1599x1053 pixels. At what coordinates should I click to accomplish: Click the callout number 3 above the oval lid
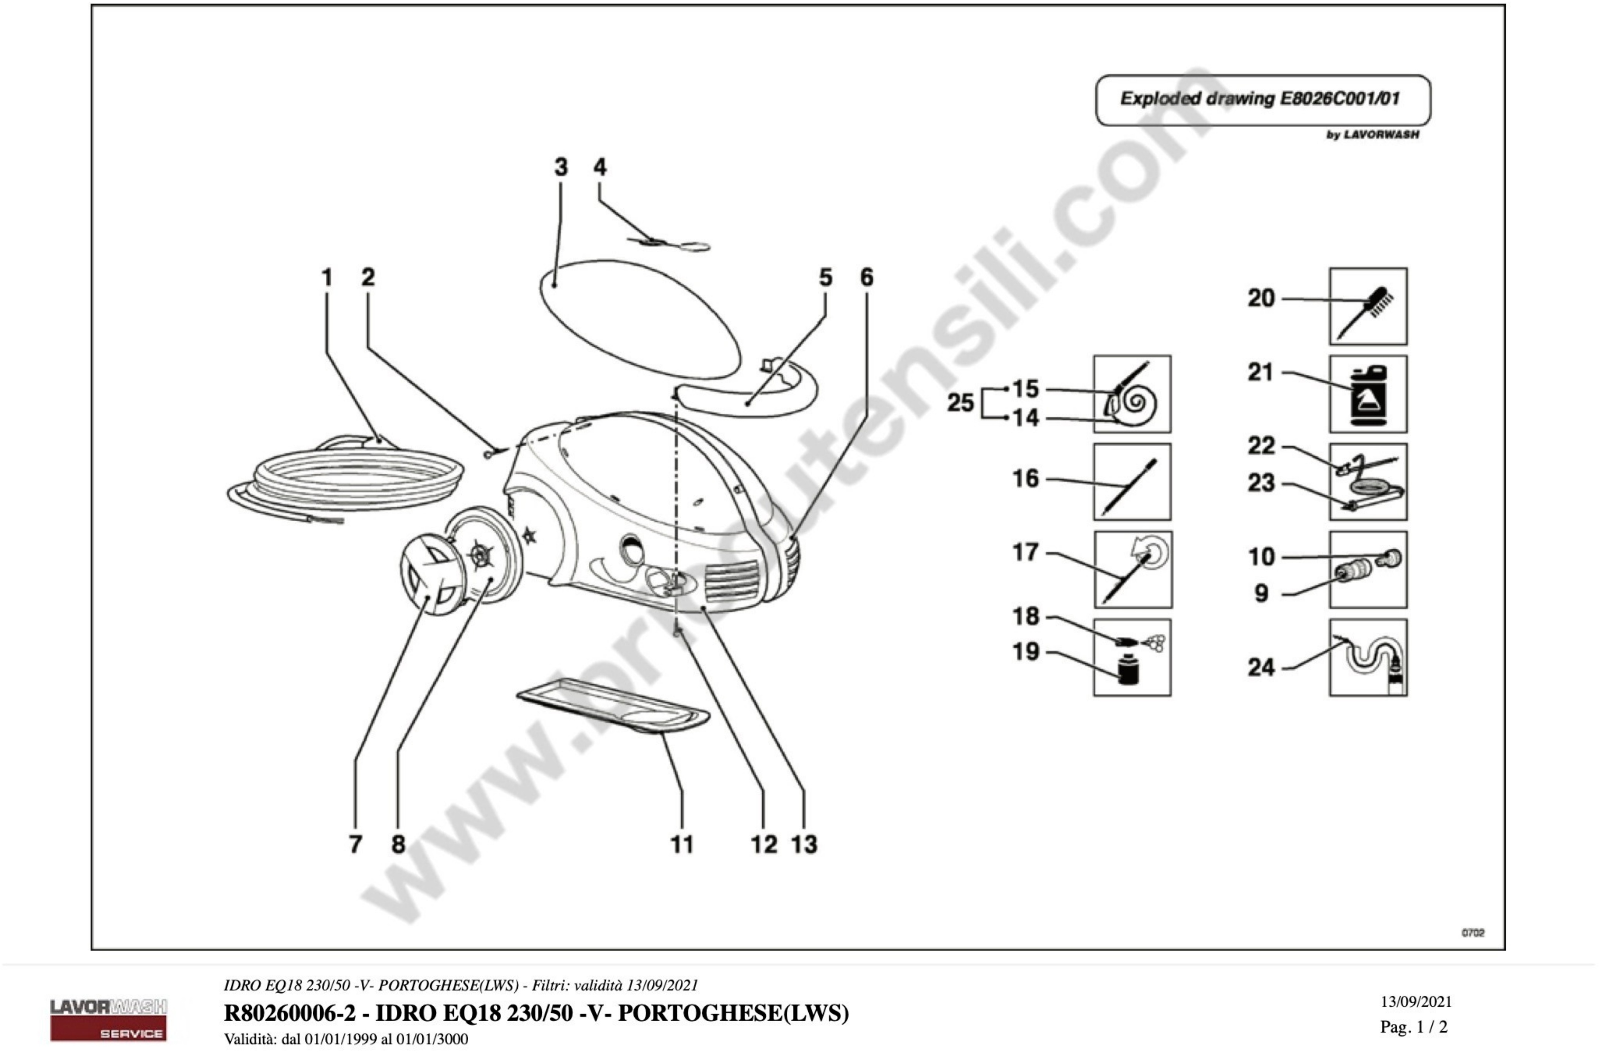560,167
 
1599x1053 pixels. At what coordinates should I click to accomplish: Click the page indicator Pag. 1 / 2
1414,1027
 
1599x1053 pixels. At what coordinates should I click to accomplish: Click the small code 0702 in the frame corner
1473,933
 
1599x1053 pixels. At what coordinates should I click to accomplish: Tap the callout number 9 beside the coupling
1261,593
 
